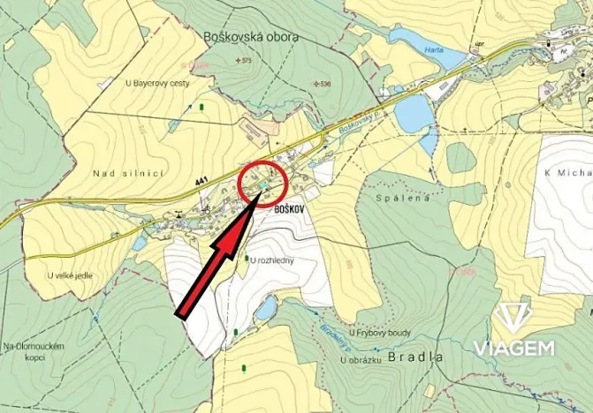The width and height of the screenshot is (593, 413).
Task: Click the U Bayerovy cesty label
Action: pyautogui.click(x=156, y=83)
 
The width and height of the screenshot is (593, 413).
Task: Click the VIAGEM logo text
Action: pyautogui.click(x=514, y=347)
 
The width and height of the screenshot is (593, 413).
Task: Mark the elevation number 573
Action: pyautogui.click(x=247, y=60)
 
